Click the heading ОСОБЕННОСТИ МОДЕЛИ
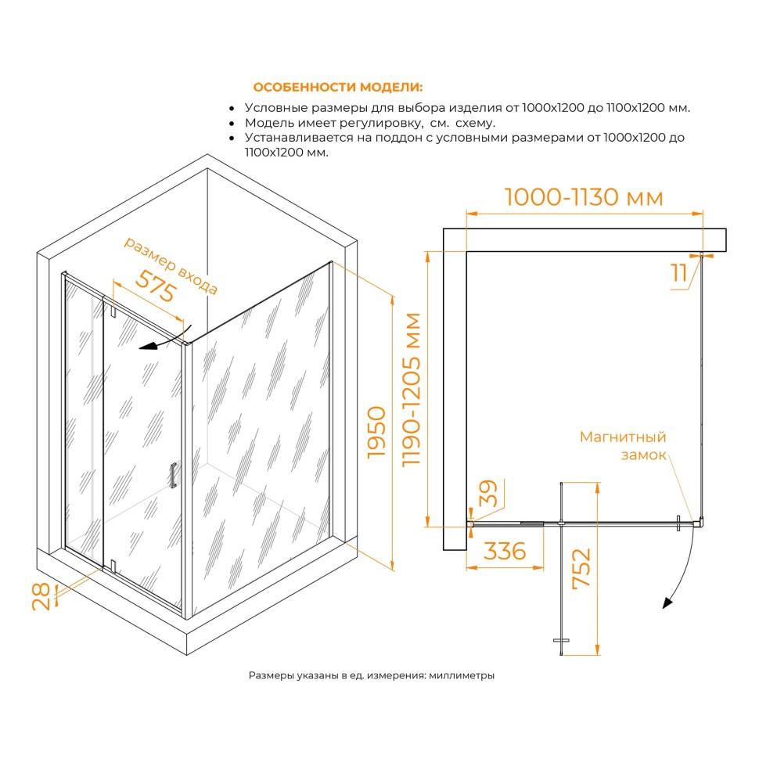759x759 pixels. [337, 87]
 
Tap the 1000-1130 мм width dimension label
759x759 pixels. [584, 197]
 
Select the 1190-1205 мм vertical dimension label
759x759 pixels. [412, 390]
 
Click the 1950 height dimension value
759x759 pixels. [376, 432]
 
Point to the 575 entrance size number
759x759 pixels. [155, 286]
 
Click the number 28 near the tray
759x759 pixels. [41, 596]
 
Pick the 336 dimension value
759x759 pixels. [505, 551]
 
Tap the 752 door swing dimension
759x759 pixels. [581, 568]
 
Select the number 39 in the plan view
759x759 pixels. [488, 493]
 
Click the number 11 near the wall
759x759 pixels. [678, 274]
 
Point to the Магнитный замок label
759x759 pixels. [623, 446]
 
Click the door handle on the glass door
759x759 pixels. [173, 475]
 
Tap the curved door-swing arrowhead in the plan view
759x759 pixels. [668, 603]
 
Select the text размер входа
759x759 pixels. [171, 265]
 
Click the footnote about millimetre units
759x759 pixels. [371, 675]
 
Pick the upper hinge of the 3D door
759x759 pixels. [113, 311]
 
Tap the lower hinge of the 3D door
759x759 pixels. [113, 566]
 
